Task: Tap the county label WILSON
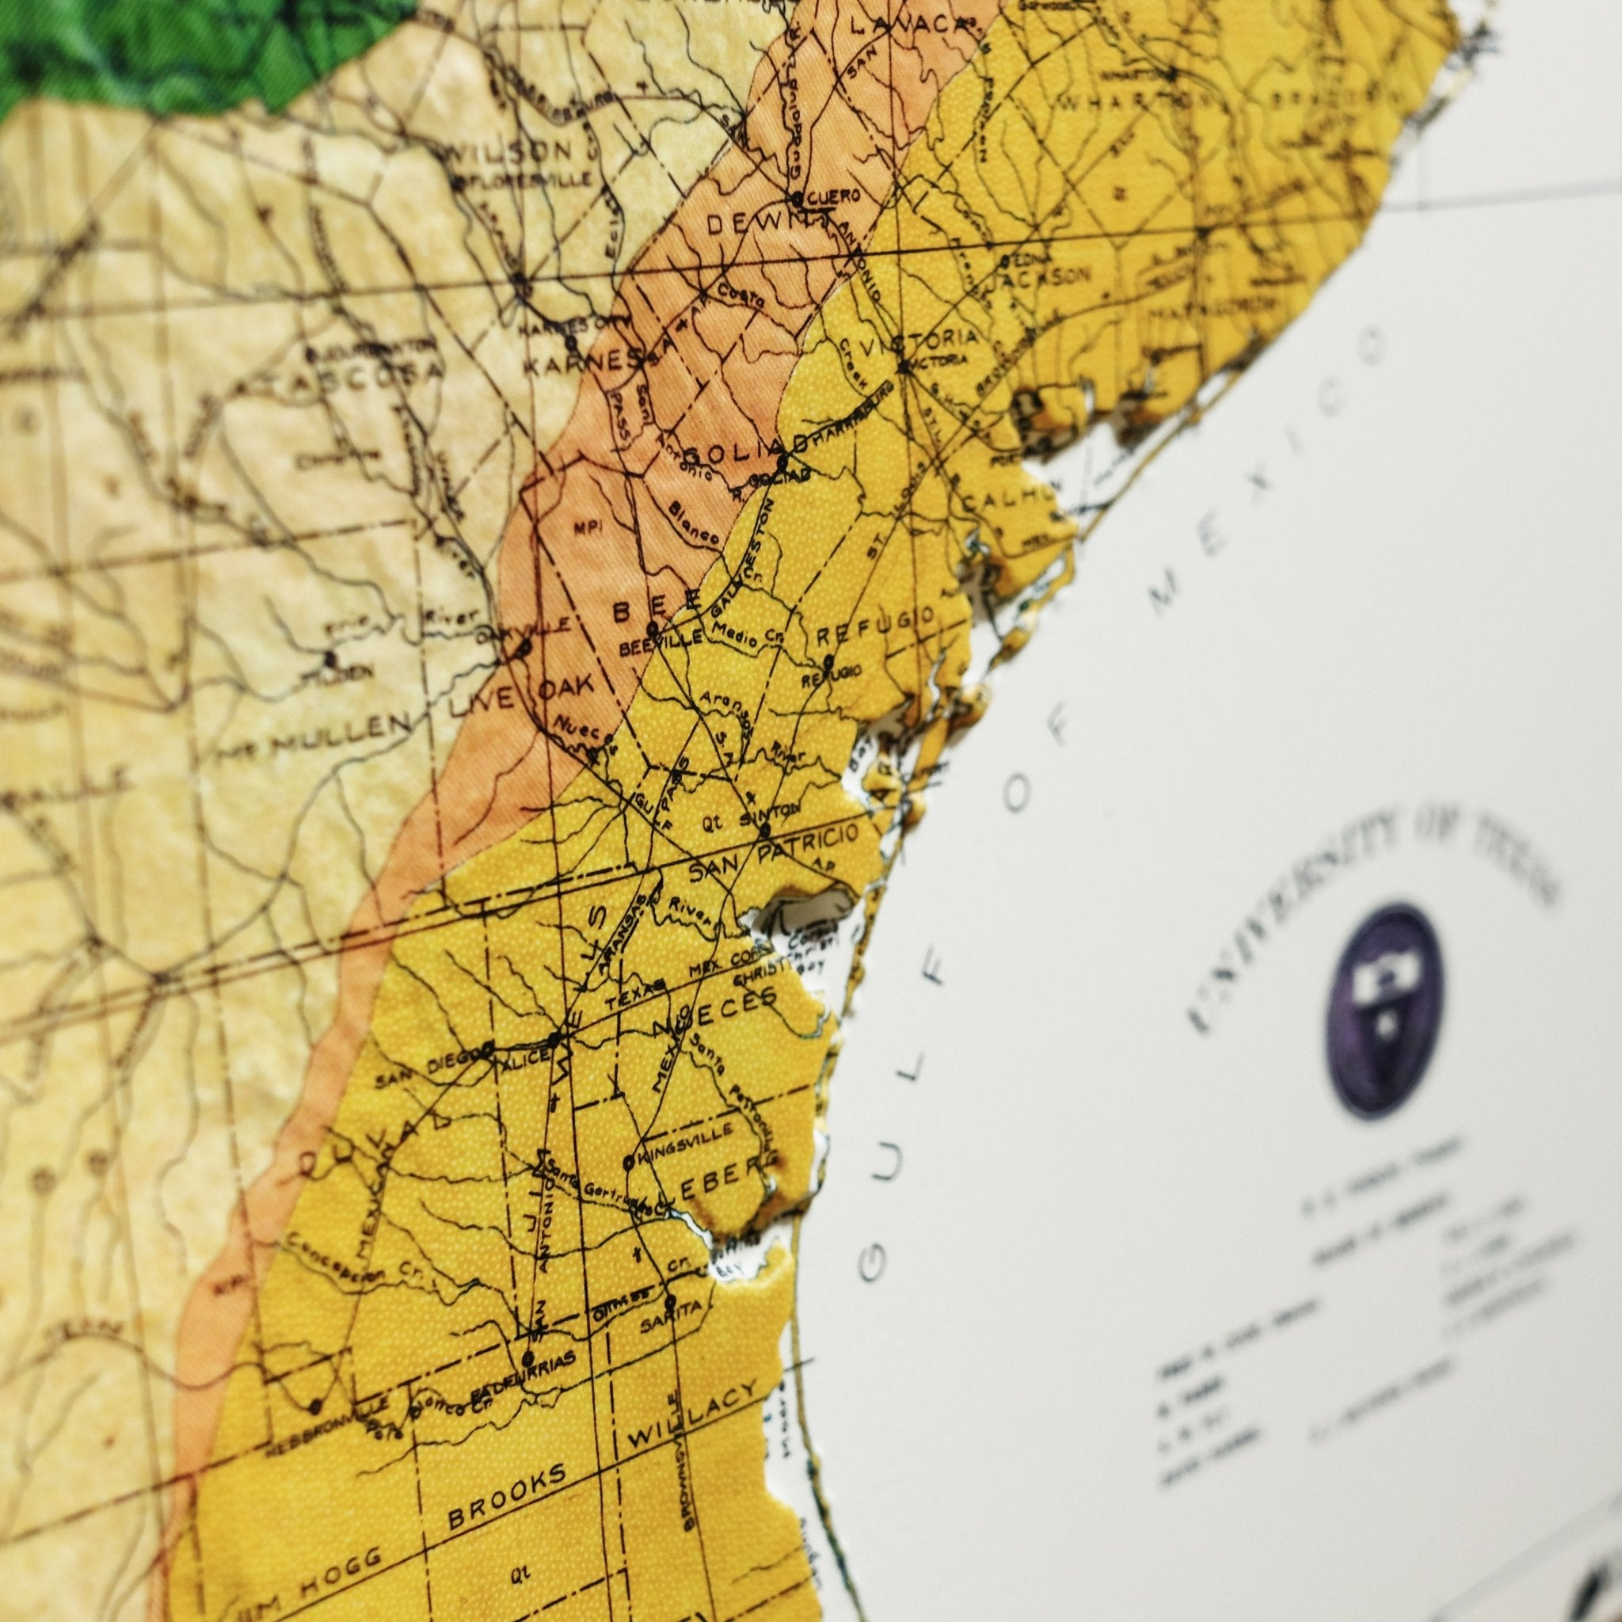[x=512, y=152]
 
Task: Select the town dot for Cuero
[x=796, y=199]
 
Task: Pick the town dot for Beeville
[x=652, y=627]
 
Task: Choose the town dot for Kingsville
[x=628, y=1163]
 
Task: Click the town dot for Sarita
[x=669, y=1300]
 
